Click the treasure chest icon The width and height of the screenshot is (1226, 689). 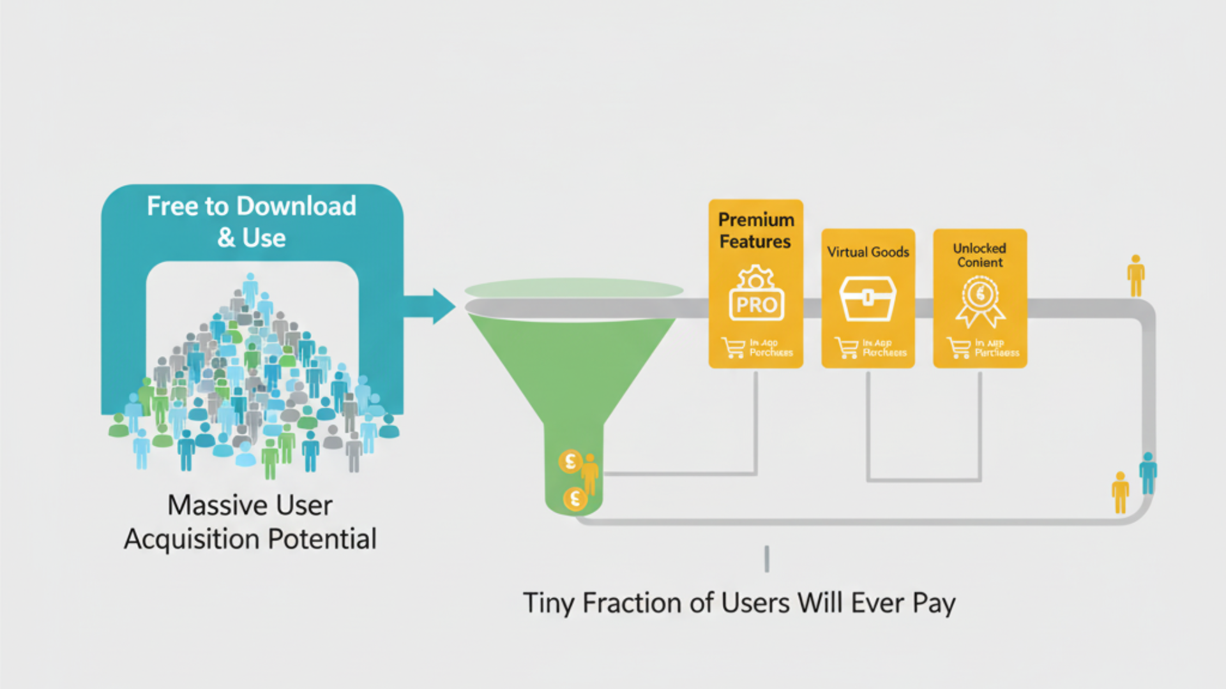pos(867,298)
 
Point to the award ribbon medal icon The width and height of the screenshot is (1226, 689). pos(980,301)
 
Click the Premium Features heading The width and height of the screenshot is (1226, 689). pos(756,230)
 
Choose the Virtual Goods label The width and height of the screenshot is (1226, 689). pos(868,252)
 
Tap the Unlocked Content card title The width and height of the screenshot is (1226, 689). pos(980,255)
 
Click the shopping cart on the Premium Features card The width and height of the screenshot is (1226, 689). pos(733,348)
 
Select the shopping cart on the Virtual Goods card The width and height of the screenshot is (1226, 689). pos(846,348)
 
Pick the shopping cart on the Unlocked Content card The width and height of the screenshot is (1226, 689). pos(958,348)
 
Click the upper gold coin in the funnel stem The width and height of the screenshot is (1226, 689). pos(570,461)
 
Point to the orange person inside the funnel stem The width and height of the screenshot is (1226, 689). pos(589,473)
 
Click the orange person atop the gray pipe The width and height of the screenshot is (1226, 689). pos(1135,276)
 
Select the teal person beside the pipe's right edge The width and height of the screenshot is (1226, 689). pos(1147,473)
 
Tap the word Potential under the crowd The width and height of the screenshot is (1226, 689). pos(322,539)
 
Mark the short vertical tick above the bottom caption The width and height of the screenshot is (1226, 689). pos(767,559)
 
